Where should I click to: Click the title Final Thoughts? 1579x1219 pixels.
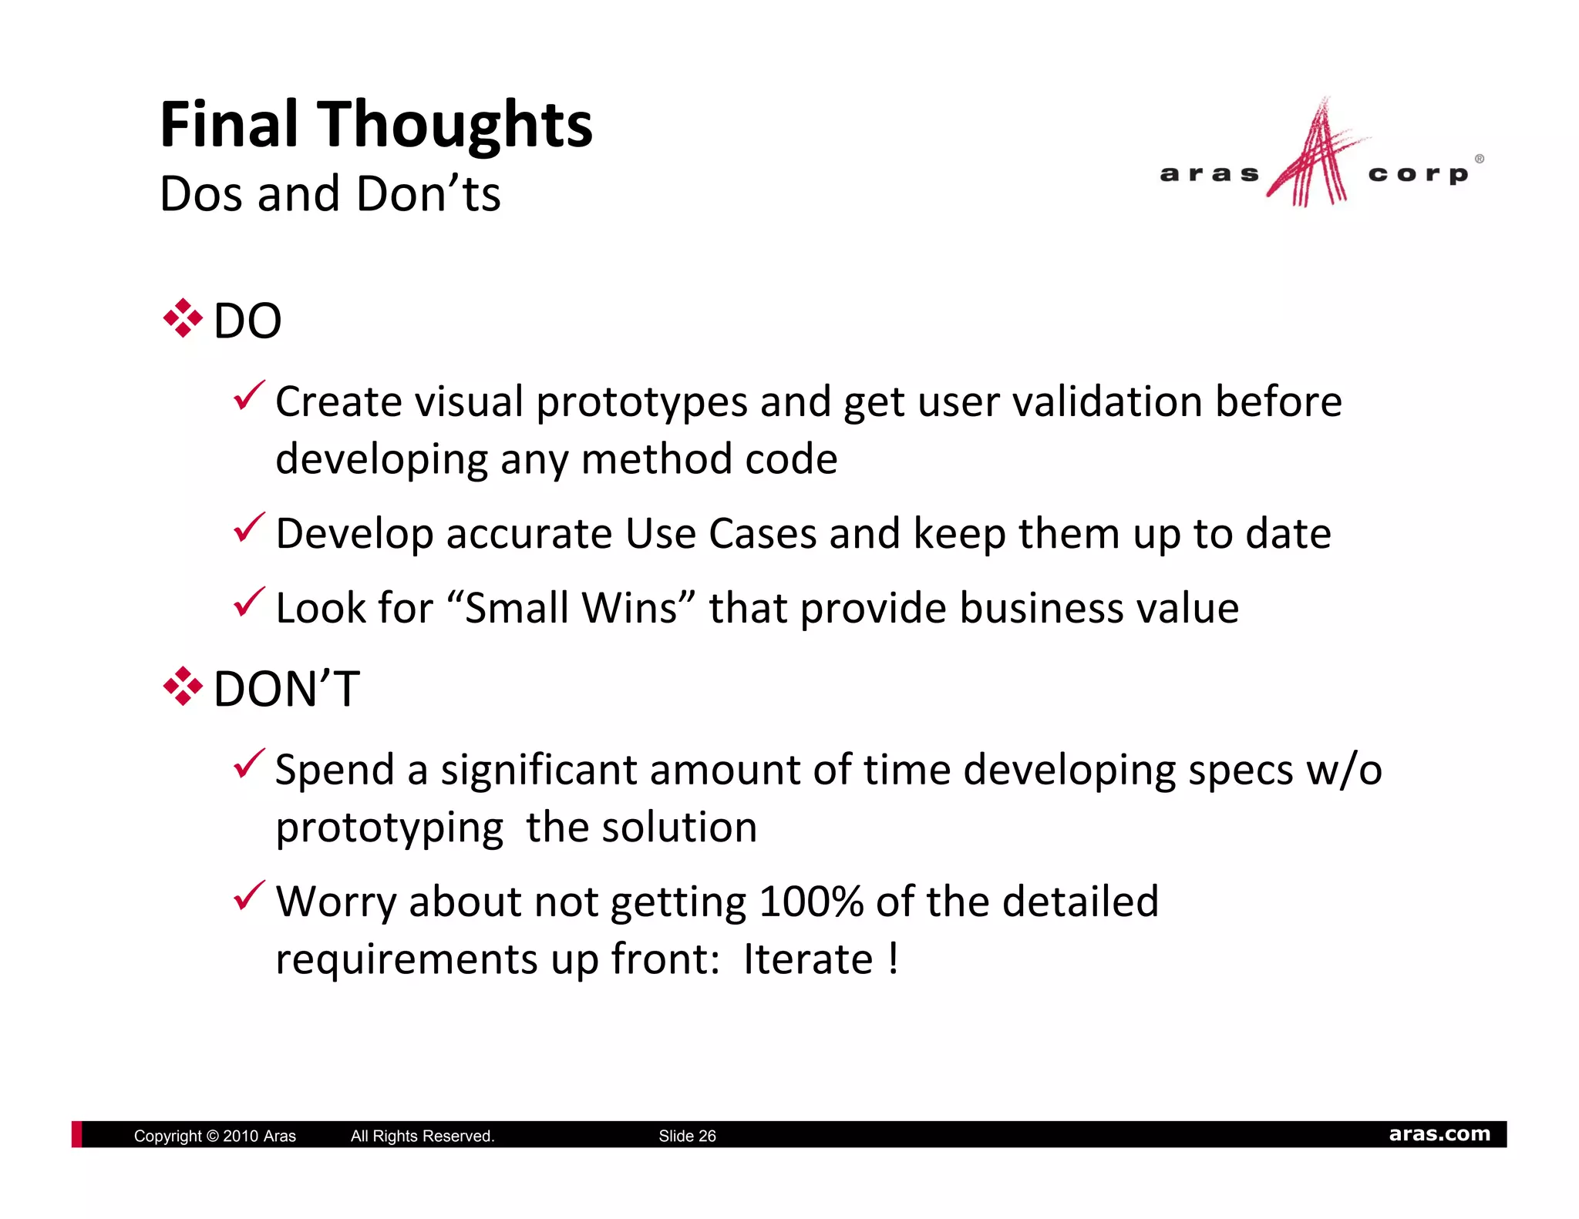375,125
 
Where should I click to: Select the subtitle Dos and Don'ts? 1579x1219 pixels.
330,193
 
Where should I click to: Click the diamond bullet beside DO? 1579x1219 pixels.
183,318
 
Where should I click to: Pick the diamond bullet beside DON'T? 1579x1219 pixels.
183,687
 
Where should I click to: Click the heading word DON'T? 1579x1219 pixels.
286,688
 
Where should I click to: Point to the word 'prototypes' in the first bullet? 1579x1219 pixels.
641,403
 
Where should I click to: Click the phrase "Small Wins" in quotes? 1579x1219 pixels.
571,608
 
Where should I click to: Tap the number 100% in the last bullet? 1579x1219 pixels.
811,902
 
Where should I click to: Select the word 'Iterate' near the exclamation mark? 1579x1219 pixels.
807,960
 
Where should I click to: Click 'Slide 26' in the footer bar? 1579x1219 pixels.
687,1136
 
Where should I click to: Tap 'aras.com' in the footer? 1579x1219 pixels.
1439,1134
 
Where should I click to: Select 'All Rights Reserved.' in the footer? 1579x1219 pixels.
423,1136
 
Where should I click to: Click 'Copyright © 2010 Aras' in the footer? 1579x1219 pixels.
214,1136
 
